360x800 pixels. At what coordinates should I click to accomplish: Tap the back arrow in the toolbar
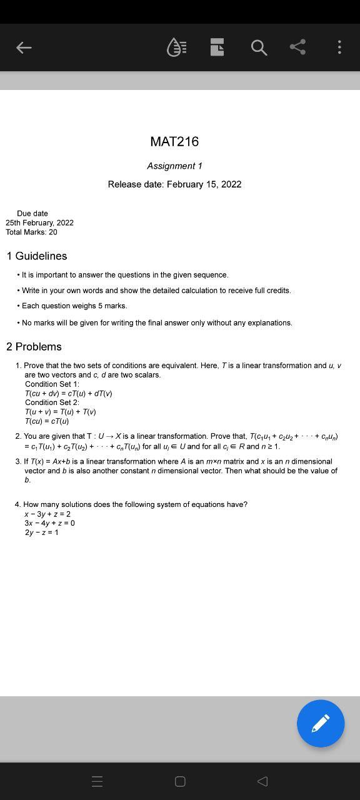[x=24, y=47]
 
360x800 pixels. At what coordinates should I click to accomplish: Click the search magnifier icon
[x=259, y=47]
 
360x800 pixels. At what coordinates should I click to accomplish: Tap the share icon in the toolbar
[x=298, y=47]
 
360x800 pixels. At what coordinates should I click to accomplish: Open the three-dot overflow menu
[x=339, y=47]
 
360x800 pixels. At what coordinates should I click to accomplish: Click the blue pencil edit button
[x=321, y=724]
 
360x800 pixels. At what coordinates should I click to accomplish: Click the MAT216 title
[x=174, y=141]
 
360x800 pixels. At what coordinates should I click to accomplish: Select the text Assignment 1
[x=174, y=166]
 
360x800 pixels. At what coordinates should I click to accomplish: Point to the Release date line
[x=174, y=184]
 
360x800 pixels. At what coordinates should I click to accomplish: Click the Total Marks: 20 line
[x=31, y=232]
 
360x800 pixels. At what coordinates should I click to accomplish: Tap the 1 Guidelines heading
[x=37, y=256]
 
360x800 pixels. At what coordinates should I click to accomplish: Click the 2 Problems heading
[x=34, y=347]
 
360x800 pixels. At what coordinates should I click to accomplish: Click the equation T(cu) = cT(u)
[x=47, y=421]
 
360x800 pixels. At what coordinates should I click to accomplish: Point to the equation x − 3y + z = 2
[x=47, y=514]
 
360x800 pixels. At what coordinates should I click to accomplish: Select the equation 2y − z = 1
[x=41, y=532]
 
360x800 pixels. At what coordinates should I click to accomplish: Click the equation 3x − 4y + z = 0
[x=49, y=523]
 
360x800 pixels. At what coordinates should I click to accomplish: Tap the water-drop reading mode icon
[x=176, y=47]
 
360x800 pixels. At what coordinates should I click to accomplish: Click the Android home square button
[x=180, y=781]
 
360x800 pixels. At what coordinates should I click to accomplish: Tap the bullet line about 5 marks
[x=74, y=306]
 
